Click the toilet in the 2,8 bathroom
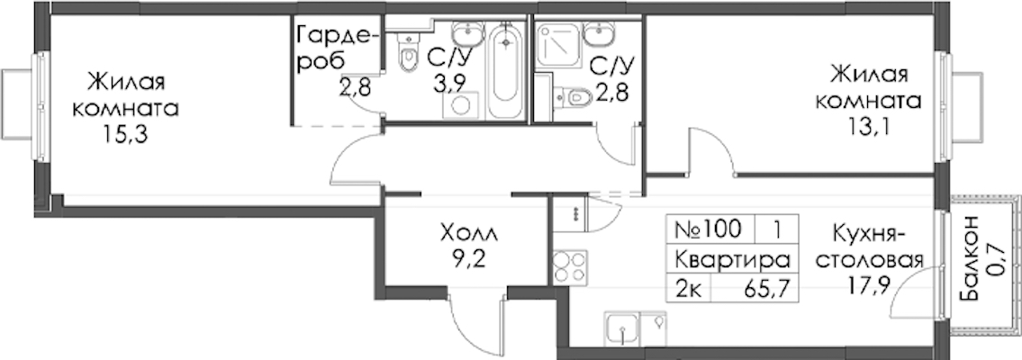[x=572, y=96]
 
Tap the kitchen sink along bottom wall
[x=622, y=328]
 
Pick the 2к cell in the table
[x=690, y=287]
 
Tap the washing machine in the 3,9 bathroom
[x=461, y=105]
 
